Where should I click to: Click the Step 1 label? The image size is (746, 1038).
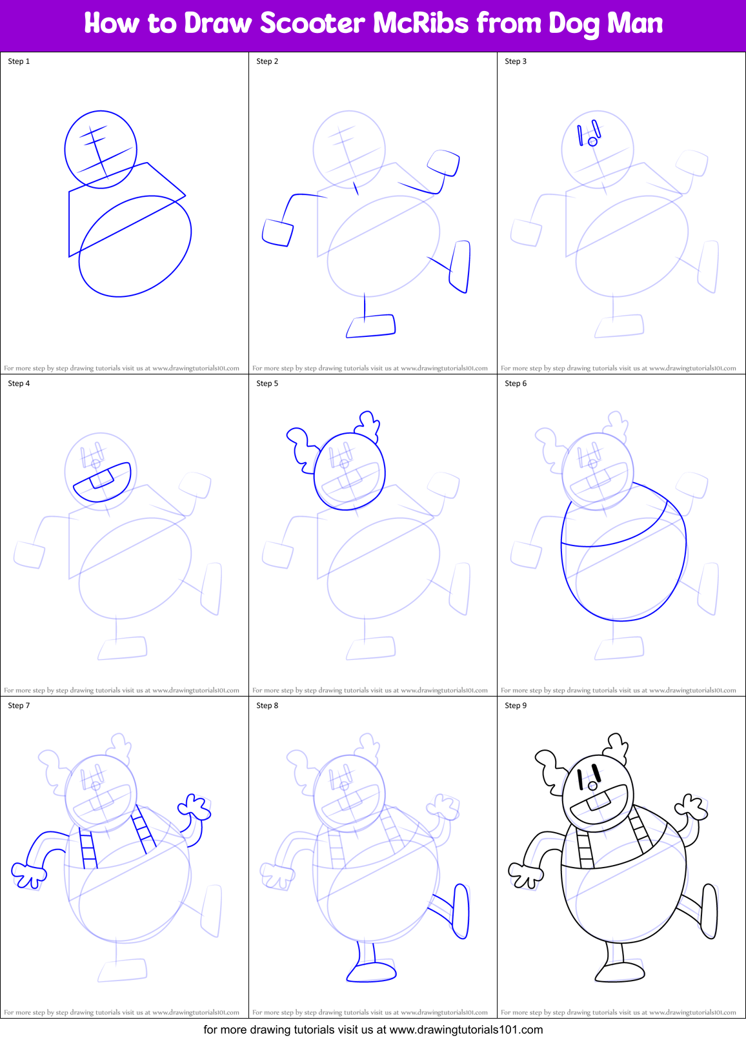click(x=19, y=61)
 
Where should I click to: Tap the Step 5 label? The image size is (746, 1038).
click(x=267, y=383)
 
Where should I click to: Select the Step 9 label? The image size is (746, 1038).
click(x=516, y=706)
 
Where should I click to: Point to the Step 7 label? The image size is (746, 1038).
click(x=19, y=706)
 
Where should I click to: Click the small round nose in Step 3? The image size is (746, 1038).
click(x=592, y=141)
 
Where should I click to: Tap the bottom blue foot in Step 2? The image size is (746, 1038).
click(x=371, y=326)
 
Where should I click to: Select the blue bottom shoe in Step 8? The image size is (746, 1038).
click(x=372, y=972)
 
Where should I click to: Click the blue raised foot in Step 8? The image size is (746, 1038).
click(x=461, y=911)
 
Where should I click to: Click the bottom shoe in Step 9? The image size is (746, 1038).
click(x=620, y=972)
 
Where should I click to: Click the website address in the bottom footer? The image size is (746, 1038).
click(x=466, y=1030)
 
